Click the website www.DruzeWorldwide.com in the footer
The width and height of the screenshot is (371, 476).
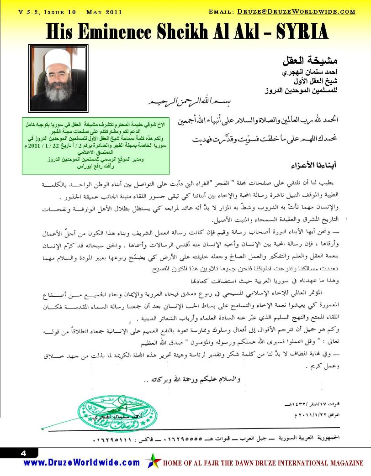tap(82, 462)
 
